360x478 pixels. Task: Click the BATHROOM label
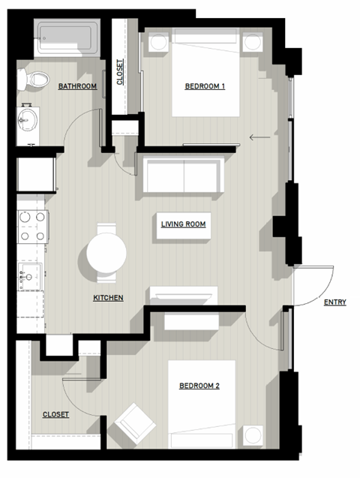pos(77,87)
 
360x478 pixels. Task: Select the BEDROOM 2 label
pos(199,386)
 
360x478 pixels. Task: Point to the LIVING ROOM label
pos(183,224)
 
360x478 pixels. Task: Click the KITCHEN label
pos(108,298)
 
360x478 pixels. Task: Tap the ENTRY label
pos(334,303)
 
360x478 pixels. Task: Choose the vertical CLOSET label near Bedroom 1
pos(121,71)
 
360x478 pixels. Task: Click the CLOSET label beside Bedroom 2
pos(55,414)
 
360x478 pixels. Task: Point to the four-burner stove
pos(33,226)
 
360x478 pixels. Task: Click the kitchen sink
pos(31,275)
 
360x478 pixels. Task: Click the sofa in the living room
pos(181,176)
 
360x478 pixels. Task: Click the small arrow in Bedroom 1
pos(259,137)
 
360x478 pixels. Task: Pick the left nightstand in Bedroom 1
pos(158,41)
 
